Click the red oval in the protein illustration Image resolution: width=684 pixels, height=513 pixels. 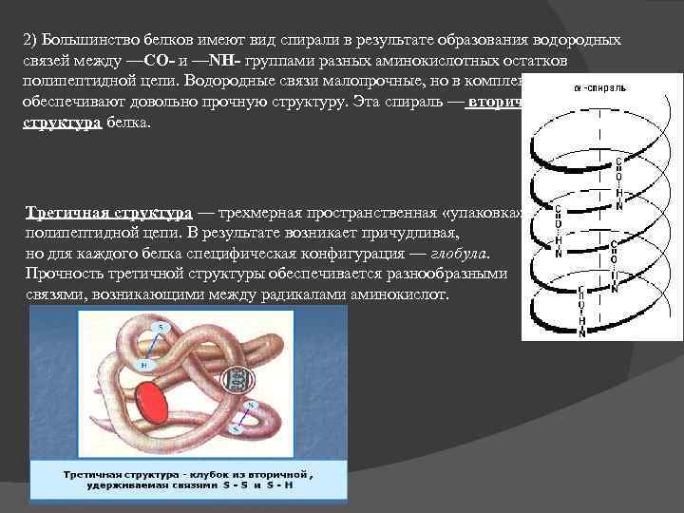click(x=149, y=401)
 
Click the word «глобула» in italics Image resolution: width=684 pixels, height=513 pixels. click(x=461, y=255)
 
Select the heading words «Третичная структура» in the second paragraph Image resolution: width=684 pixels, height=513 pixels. click(x=109, y=213)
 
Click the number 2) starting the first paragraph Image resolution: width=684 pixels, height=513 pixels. click(x=28, y=41)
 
